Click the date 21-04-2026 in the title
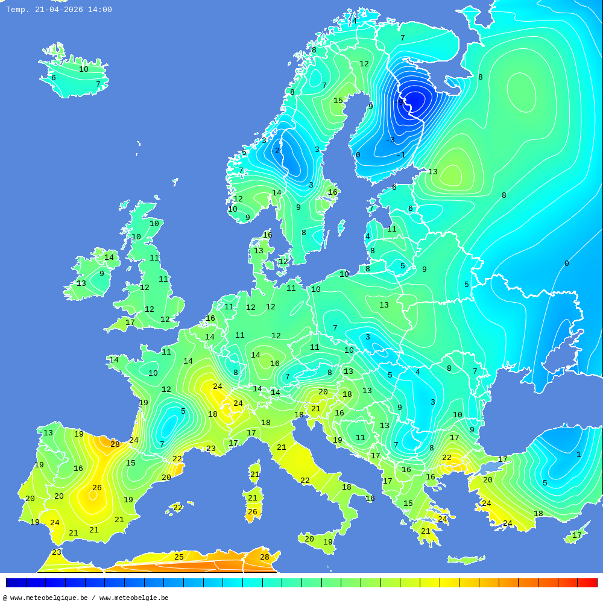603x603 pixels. pos(59,10)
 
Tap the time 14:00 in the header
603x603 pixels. pos(99,10)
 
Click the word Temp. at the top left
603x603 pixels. pos(17,10)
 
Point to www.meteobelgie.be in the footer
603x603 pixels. pos(134,598)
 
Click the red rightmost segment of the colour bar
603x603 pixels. pos(587,582)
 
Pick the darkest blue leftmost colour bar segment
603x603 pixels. pos(16,582)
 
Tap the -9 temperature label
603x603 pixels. pos(399,103)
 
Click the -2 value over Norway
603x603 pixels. pos(275,151)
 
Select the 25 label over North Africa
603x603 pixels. pos(179,557)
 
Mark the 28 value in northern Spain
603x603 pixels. pos(115,444)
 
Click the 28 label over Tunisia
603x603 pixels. pos(265,557)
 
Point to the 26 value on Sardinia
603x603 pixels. pos(253,512)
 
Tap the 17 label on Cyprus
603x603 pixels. pos(577,535)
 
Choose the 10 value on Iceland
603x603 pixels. pos(84,69)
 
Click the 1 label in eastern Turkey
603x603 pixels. pos(578,455)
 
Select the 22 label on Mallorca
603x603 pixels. pos(177,508)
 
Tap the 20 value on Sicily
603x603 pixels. pos(309,539)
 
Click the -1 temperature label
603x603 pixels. pos(402,155)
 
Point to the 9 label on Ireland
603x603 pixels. pos(102,274)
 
